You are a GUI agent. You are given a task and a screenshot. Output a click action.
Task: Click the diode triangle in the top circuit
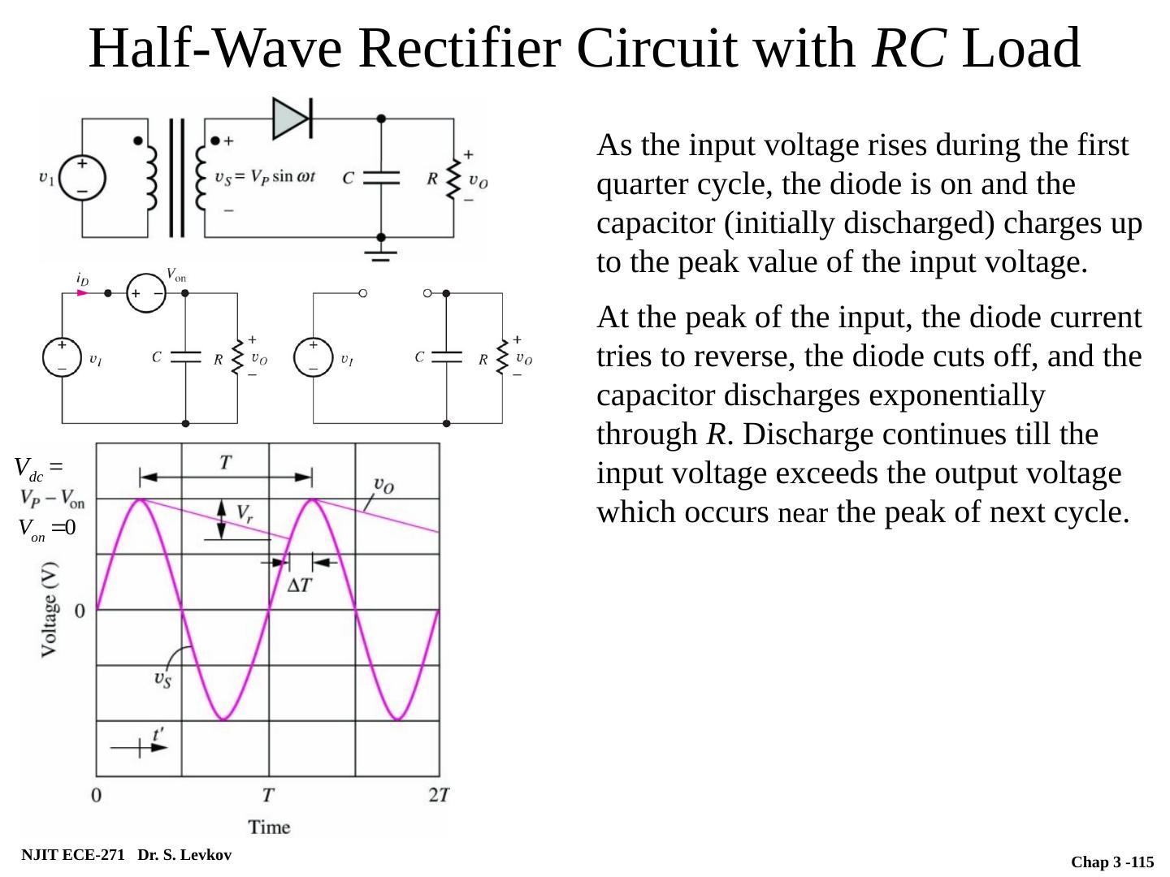click(x=291, y=119)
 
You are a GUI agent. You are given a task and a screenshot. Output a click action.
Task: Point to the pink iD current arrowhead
click(x=81, y=292)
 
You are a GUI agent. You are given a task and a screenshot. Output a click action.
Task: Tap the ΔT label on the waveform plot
click(x=300, y=585)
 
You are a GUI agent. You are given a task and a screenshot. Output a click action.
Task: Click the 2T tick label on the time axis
click(x=438, y=795)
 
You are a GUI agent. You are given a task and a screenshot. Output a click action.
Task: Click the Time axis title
click(x=269, y=827)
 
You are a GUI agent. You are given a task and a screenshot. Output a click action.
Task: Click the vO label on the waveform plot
click(x=383, y=486)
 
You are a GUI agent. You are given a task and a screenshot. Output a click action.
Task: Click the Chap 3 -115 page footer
click(x=1111, y=862)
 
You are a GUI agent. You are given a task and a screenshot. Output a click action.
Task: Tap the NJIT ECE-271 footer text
click(x=73, y=855)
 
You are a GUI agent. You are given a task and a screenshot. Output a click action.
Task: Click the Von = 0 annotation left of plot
click(x=47, y=529)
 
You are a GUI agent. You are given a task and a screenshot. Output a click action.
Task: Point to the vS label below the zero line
click(x=162, y=679)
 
